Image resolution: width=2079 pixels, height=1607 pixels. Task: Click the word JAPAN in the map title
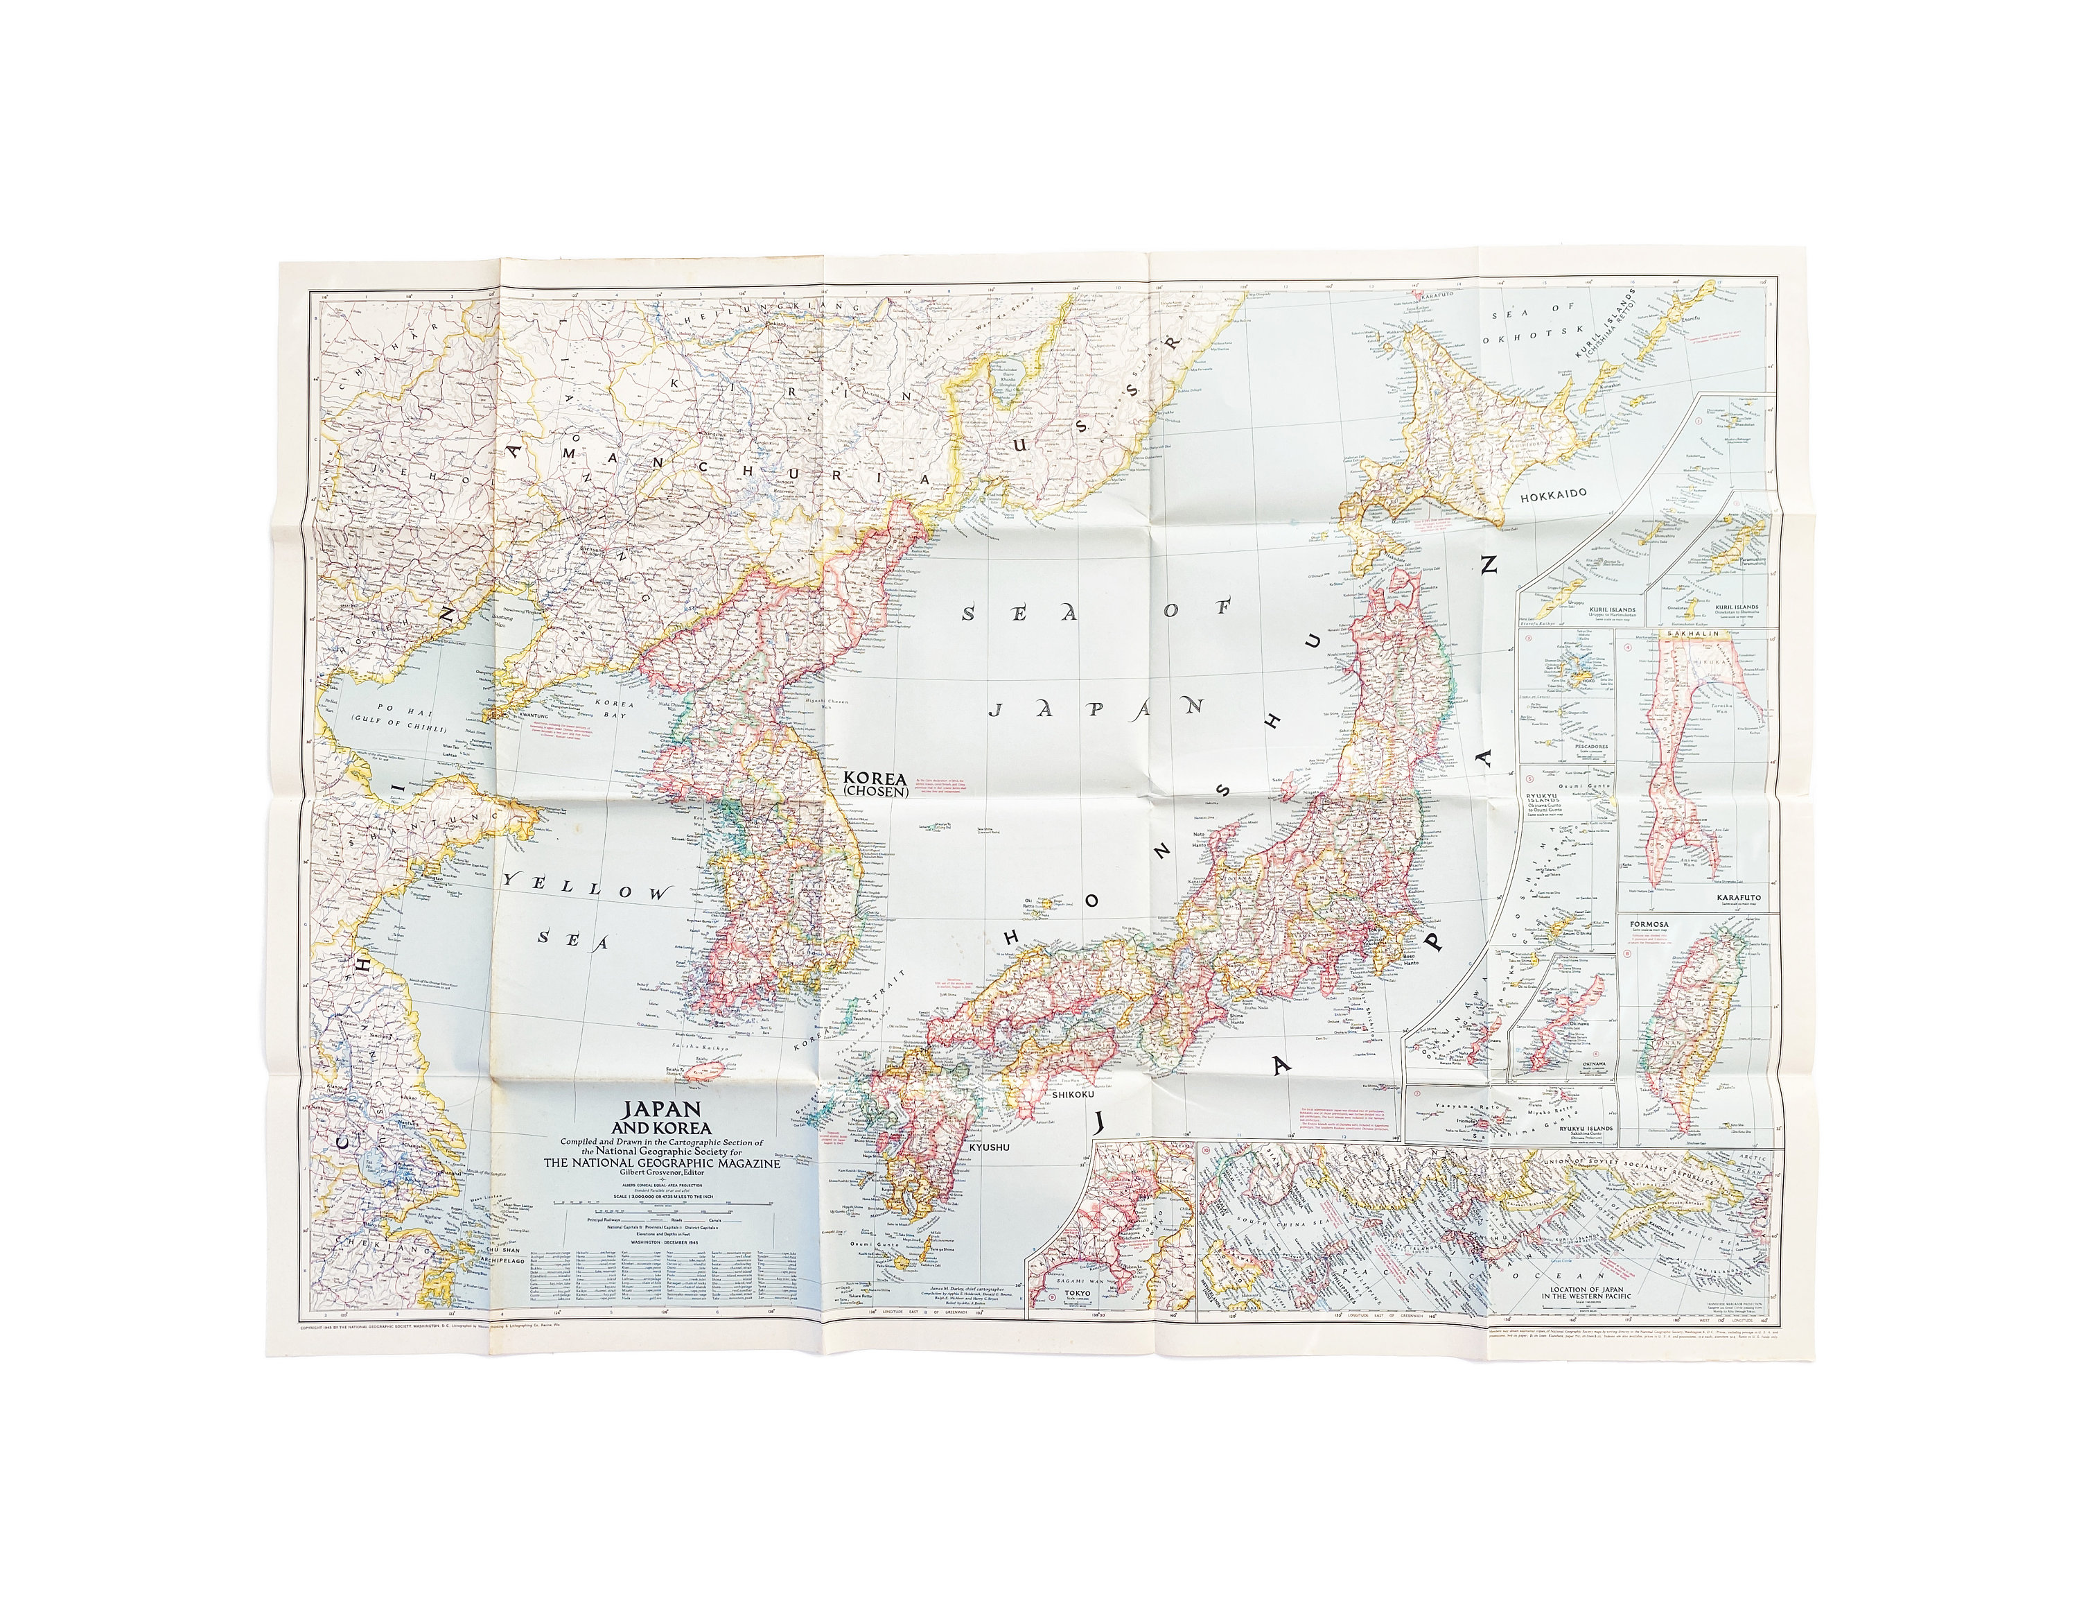pos(662,1109)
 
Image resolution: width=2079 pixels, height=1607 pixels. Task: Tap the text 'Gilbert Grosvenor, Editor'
pos(662,1173)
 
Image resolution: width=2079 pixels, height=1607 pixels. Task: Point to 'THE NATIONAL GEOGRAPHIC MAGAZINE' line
pos(662,1163)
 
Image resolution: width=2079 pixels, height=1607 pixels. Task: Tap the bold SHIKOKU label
pos(1077,1096)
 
